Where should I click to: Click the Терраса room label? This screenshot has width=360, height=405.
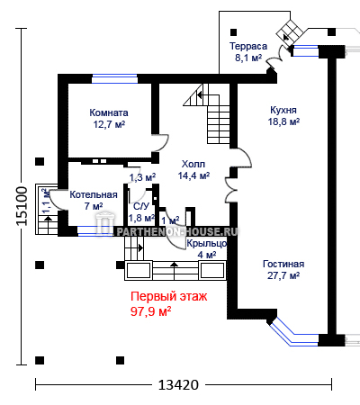[x=248, y=46]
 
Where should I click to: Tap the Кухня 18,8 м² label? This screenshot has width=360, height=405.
[x=283, y=116]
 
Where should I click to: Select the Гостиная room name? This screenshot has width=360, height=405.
[x=283, y=264]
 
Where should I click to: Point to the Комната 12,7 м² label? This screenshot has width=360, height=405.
[x=109, y=119]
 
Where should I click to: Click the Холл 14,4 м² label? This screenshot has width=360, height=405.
[x=193, y=170]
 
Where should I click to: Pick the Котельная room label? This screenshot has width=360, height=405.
[x=94, y=194]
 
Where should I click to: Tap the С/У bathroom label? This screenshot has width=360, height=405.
[x=141, y=206]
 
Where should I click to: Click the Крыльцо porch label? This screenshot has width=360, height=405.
[x=207, y=244]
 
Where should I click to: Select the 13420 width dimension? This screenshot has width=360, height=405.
[x=178, y=384]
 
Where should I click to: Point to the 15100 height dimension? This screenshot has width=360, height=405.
[x=22, y=206]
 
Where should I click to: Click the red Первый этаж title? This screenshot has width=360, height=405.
[x=169, y=296]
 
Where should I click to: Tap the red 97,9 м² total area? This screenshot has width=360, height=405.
[x=151, y=311]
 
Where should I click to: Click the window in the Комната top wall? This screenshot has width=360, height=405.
[x=114, y=78]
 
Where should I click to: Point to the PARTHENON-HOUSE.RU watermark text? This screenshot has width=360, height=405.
[x=177, y=231]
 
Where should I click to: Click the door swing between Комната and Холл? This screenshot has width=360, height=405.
[x=162, y=143]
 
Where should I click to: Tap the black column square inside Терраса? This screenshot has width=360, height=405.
[x=233, y=32]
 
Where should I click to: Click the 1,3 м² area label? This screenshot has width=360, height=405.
[x=142, y=177]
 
